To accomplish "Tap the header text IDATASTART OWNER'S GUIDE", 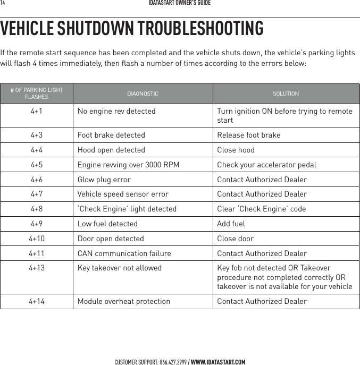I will [180, 3].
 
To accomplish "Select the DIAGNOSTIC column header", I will [142, 94].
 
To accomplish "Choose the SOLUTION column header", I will [286, 94].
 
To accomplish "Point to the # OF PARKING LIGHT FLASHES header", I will [37, 94].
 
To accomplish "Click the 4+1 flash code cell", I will [37, 112].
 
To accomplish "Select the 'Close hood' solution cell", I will [236, 150].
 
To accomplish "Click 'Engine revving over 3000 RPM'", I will [128, 165].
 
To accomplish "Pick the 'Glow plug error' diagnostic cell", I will [104, 180].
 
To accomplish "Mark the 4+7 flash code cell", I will [37, 194].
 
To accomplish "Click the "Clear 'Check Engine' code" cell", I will [261, 209].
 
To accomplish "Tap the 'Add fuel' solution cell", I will [231, 224].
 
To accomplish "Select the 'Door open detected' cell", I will [111, 239].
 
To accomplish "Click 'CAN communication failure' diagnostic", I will [124, 254].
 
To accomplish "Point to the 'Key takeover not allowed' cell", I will [120, 268].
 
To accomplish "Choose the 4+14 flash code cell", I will [37, 302].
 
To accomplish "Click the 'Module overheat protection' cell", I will [124, 302].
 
